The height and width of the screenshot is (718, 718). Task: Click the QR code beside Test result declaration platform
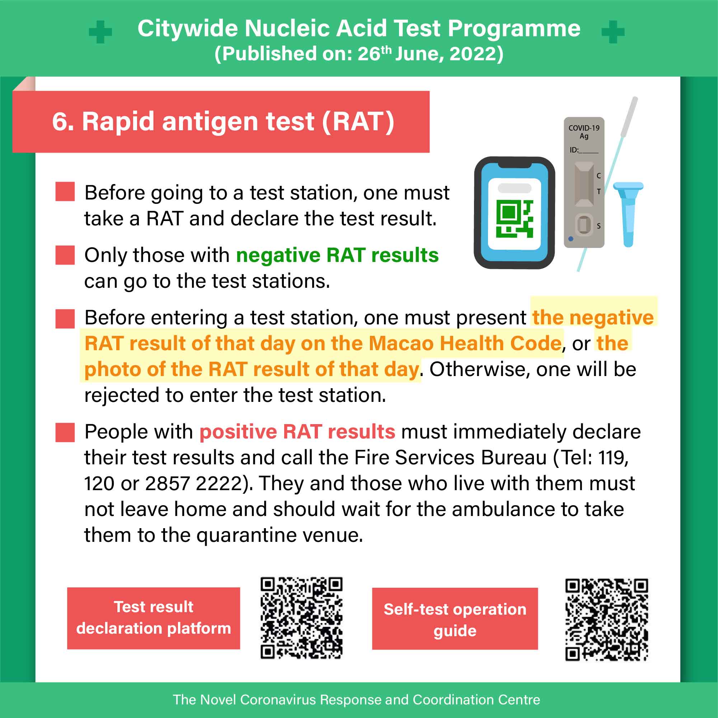tap(301, 618)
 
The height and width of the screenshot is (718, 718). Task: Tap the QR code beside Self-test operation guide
tap(606, 620)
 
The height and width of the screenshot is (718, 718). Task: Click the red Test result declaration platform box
tap(154, 618)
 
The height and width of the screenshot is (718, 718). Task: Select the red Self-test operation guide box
tap(455, 618)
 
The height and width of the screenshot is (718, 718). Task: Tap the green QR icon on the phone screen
tap(515, 219)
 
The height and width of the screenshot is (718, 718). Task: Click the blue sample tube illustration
tap(628, 214)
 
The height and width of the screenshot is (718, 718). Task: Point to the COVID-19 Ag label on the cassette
tap(584, 132)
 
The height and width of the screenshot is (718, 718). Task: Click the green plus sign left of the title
tap(100, 32)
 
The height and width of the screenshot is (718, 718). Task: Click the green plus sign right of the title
tap(613, 32)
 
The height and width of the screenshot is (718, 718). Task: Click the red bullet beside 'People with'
tap(65, 432)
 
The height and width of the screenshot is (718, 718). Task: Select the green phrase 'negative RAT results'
tap(337, 255)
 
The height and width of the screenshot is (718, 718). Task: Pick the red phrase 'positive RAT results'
tap(297, 432)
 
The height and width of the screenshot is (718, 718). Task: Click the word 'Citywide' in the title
tap(187, 29)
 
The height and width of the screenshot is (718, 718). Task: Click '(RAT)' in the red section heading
tap(358, 122)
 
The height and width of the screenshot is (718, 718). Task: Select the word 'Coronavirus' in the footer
tap(280, 699)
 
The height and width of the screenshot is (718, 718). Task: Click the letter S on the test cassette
tap(599, 226)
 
